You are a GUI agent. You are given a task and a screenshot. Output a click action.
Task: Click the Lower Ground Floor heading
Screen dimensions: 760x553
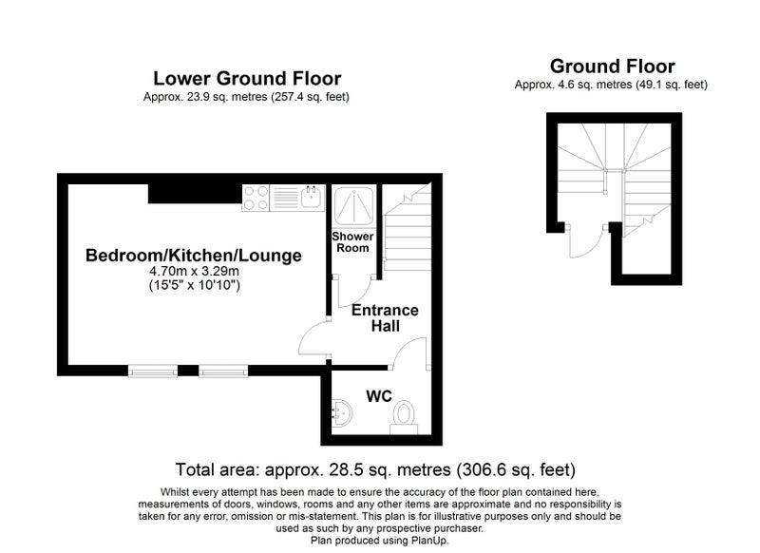point(247,79)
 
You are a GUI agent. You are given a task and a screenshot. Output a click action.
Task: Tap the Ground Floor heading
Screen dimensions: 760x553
point(612,67)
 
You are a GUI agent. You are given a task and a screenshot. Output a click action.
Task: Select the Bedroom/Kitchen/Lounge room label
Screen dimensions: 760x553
point(194,256)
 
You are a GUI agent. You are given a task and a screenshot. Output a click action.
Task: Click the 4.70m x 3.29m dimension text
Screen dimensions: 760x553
point(194,272)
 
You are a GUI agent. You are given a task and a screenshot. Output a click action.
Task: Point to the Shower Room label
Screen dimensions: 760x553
point(352,242)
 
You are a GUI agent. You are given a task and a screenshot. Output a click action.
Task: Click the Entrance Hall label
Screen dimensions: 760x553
point(385,318)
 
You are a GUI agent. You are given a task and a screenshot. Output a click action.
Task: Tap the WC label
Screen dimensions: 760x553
point(379,396)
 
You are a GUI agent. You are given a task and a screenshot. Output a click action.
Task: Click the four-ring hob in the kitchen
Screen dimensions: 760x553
point(256,198)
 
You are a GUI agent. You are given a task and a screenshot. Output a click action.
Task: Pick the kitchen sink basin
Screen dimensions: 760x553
point(312,198)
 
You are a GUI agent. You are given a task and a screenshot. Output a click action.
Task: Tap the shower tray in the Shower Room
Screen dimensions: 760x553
point(353,206)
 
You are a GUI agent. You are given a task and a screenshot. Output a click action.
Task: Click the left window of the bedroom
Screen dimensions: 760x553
point(153,372)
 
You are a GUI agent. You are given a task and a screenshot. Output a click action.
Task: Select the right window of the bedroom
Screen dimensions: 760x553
point(223,372)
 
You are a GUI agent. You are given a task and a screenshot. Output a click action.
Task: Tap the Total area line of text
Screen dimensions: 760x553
point(375,469)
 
